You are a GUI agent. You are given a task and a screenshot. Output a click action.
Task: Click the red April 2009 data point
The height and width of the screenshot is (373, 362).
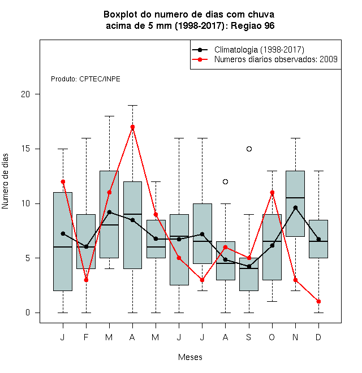(133, 127)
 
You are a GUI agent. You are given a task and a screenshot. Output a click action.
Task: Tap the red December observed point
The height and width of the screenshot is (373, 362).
(318, 302)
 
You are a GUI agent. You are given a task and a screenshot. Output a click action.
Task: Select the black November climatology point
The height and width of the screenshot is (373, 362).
(296, 208)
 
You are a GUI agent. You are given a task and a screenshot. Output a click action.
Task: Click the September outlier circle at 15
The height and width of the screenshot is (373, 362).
(249, 149)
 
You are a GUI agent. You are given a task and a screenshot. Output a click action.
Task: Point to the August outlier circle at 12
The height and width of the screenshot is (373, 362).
(225, 182)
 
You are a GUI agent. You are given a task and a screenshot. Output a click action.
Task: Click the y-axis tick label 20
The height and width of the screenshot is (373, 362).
(25, 94)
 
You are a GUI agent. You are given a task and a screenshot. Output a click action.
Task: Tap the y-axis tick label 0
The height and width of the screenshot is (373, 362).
(28, 313)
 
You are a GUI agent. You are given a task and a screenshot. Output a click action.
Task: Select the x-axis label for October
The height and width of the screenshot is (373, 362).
(272, 337)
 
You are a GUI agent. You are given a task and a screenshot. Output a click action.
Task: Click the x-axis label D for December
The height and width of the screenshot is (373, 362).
(318, 337)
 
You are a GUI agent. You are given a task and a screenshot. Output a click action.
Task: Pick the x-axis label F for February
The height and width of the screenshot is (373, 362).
(86, 337)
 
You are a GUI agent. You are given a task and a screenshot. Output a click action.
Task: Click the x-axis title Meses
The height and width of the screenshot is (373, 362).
(190, 357)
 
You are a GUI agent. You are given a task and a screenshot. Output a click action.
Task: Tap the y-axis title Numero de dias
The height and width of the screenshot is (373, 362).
(5, 181)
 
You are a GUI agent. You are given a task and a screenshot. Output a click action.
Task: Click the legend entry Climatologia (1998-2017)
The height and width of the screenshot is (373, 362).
(259, 50)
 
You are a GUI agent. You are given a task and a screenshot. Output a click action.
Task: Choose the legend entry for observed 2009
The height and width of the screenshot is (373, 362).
(276, 59)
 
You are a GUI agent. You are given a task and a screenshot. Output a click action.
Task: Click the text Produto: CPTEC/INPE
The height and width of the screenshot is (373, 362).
(85, 79)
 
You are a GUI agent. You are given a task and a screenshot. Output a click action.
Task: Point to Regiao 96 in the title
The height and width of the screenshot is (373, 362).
(252, 25)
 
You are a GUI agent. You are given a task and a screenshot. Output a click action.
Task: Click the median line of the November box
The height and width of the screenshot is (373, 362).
(295, 198)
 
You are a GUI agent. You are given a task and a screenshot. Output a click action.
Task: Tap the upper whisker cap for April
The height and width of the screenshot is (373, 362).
(133, 105)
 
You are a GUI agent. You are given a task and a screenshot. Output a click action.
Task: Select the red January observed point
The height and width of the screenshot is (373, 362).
(63, 182)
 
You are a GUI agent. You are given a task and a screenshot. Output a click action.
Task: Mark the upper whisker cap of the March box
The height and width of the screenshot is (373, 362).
(109, 116)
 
